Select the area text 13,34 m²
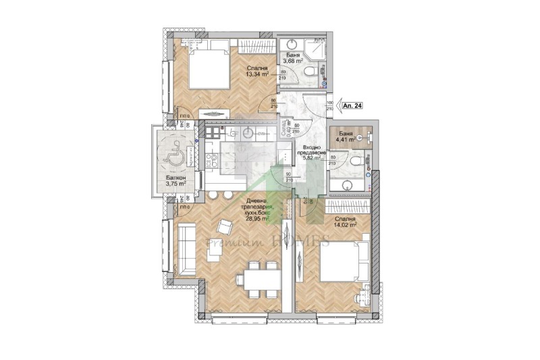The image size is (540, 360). pyautogui.click(x=257, y=76)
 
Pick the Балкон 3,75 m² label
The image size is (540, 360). pyautogui.click(x=176, y=184)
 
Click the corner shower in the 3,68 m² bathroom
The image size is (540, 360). pyautogui.click(x=315, y=48)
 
